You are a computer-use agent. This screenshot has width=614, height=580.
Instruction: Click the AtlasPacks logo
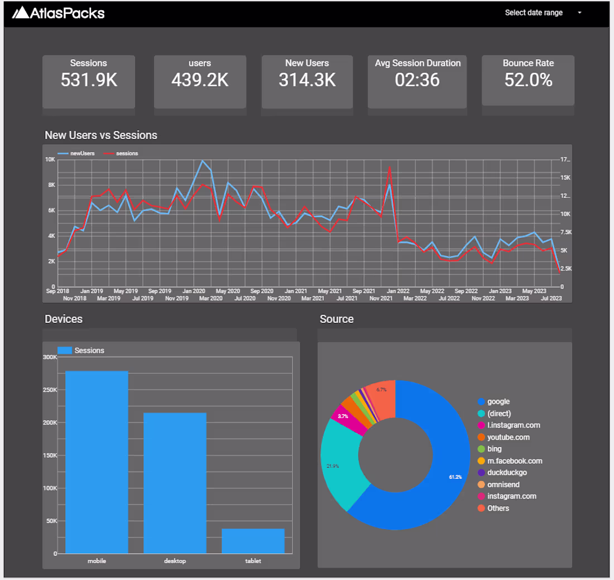[x=58, y=12]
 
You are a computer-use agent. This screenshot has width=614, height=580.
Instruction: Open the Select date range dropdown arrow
[x=580, y=13]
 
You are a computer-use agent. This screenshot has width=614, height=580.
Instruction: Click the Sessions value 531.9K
[x=89, y=80]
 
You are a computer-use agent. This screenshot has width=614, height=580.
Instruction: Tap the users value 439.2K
[x=200, y=80]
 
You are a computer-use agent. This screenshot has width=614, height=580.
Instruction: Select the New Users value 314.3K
[x=307, y=80]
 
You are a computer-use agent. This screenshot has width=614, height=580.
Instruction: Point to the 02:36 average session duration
[x=417, y=80]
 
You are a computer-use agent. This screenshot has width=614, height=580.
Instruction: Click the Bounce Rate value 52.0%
[x=528, y=80]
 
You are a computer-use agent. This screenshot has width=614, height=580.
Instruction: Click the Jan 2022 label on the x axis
[x=398, y=291]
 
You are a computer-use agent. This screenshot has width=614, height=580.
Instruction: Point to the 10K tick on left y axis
[x=50, y=160]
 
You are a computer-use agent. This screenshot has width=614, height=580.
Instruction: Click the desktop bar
[x=175, y=483]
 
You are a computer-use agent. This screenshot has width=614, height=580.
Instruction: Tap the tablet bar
[x=253, y=540]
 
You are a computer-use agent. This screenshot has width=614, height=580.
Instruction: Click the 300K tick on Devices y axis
[x=50, y=357]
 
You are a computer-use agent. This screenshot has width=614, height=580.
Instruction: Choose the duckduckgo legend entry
[x=506, y=473]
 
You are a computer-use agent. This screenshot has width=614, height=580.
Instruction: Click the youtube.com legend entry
[x=508, y=437]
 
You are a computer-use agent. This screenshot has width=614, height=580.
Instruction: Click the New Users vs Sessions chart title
[x=101, y=135]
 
